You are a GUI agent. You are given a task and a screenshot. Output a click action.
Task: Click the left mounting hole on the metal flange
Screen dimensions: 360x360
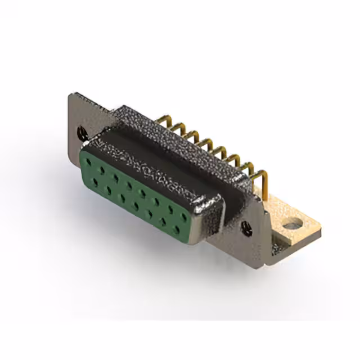coord(82,133)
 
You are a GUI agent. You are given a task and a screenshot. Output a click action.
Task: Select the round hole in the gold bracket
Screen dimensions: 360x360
coord(291,226)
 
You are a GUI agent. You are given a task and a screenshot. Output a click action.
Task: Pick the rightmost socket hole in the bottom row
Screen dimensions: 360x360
coord(178,229)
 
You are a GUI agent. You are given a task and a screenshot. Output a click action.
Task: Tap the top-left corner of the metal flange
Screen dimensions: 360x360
coord(71,96)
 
